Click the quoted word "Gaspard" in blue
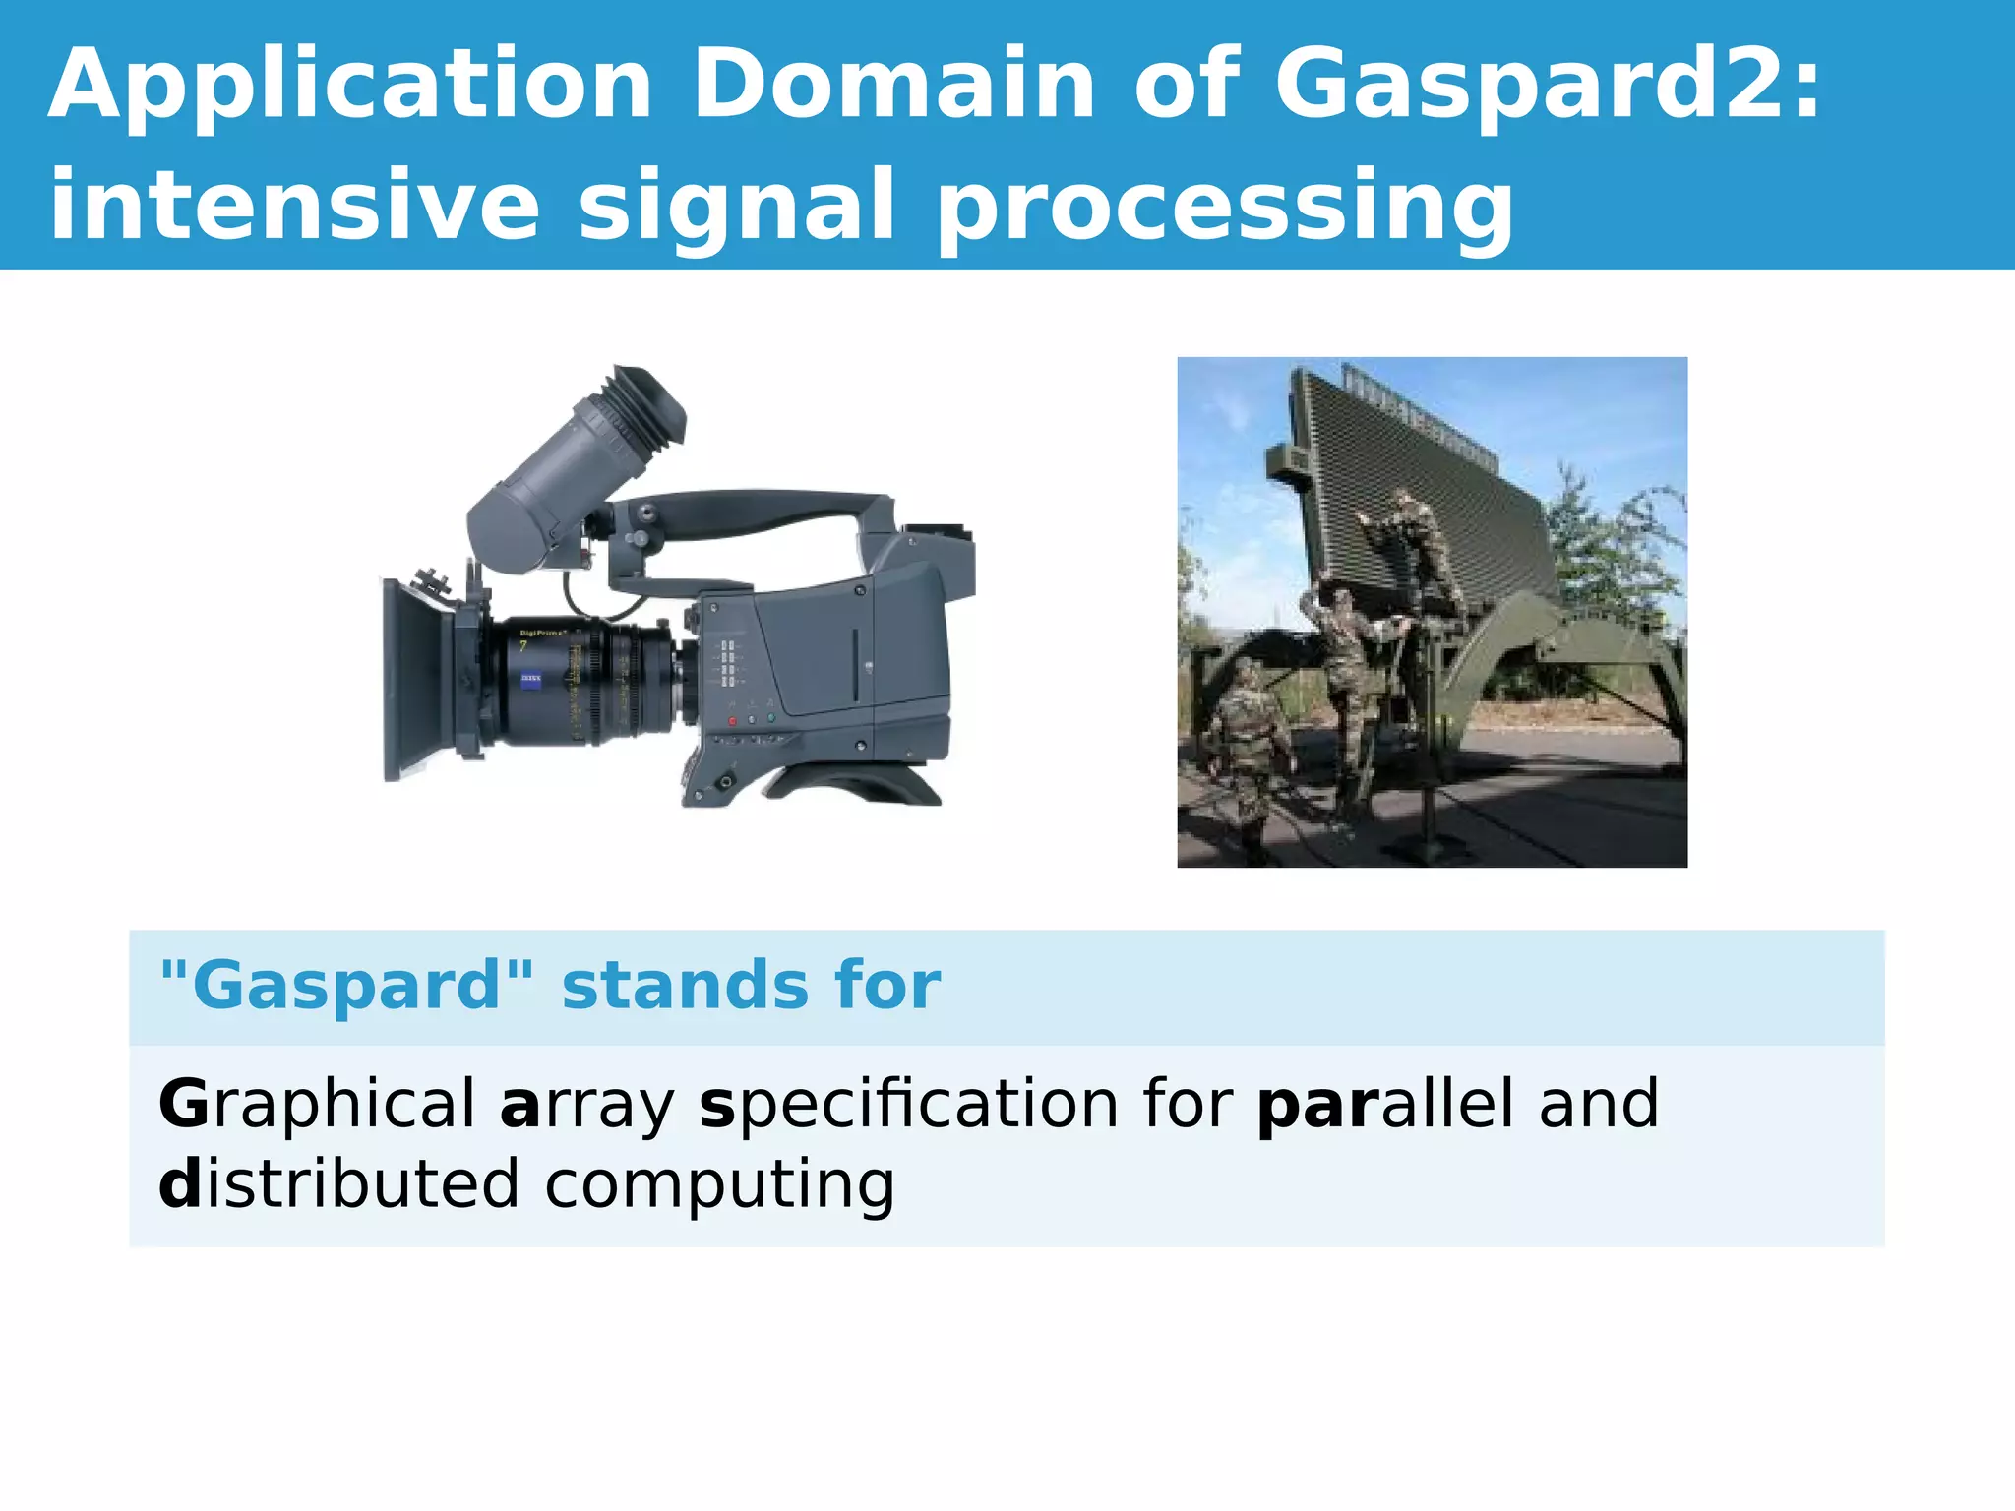[346, 986]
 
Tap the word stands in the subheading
[683, 986]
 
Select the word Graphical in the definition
[317, 1104]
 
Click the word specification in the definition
[909, 1104]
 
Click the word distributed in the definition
[338, 1184]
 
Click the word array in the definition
[586, 1104]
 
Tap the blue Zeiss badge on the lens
[530, 678]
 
